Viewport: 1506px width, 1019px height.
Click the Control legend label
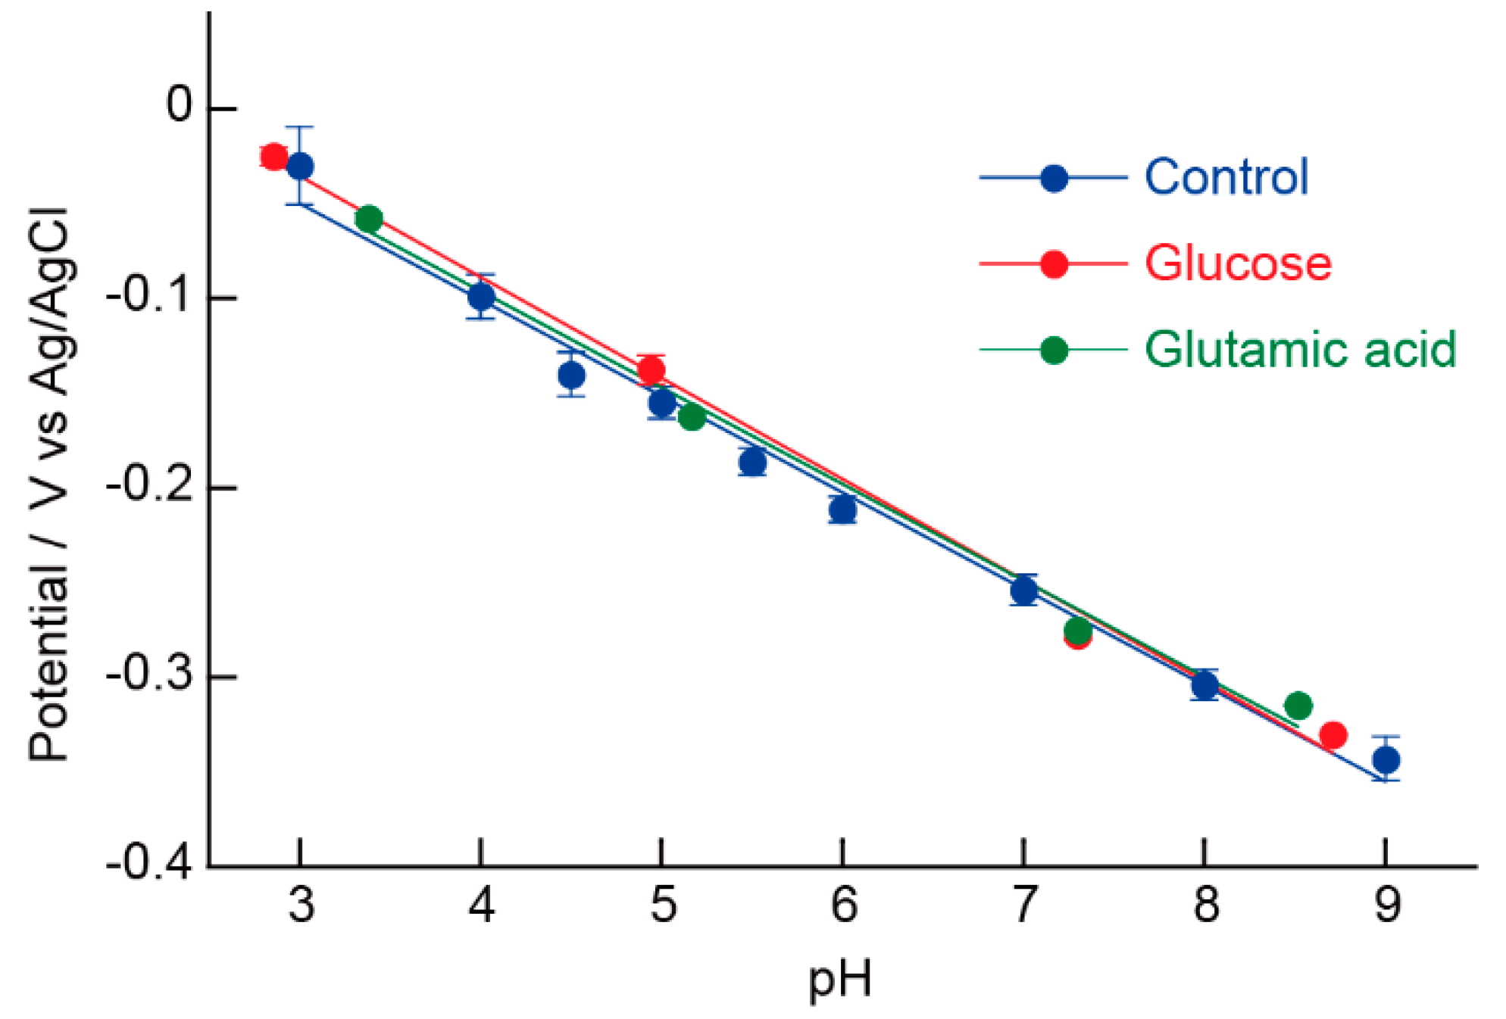1225,177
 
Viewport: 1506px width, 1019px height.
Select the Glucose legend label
1237,263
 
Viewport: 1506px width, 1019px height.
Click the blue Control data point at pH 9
1386,759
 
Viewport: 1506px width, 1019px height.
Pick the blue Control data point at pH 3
300,167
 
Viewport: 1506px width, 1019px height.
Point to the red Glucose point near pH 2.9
273,157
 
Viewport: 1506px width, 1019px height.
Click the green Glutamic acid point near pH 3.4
368,220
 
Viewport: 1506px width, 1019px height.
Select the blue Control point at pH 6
842,509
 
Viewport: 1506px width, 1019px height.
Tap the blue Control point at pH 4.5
571,375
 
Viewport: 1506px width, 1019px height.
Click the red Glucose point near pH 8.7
1333,734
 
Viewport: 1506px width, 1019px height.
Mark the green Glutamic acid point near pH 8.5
1298,706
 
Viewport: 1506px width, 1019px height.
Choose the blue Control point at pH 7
1023,591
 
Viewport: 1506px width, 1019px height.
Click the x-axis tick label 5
663,905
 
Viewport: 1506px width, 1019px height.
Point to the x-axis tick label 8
1205,905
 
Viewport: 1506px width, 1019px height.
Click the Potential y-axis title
48,485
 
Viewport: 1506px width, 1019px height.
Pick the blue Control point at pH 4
481,297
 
